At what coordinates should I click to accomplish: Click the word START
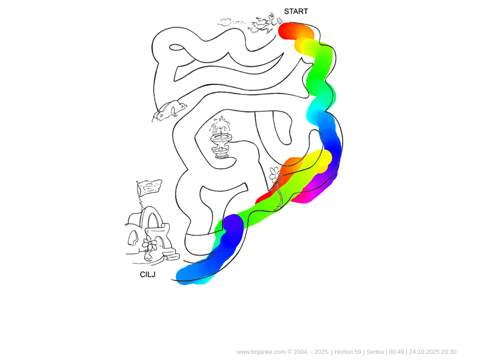coord(296,11)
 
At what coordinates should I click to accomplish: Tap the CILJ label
coord(148,275)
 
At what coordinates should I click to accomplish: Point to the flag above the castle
coord(149,187)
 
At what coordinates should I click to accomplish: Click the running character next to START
coord(264,23)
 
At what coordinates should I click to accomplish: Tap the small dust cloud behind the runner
coord(225,22)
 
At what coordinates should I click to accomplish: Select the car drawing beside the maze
coord(169,111)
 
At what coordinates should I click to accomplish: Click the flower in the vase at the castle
coord(150,244)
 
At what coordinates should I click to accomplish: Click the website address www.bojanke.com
coord(261,352)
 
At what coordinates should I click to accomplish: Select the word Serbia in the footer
coord(375,352)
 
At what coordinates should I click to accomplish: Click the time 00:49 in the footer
coord(397,352)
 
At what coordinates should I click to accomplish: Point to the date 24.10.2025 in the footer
coord(423,352)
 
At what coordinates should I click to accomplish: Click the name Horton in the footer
coord(344,352)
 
